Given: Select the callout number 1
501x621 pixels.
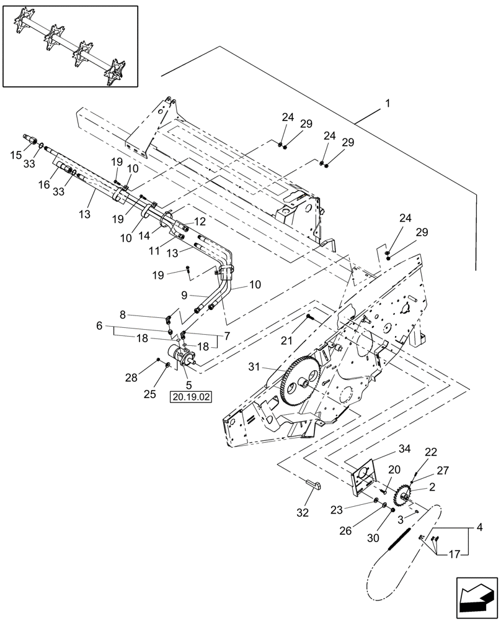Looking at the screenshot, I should tap(388, 105).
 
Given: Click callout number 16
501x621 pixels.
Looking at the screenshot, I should tap(44, 184).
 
